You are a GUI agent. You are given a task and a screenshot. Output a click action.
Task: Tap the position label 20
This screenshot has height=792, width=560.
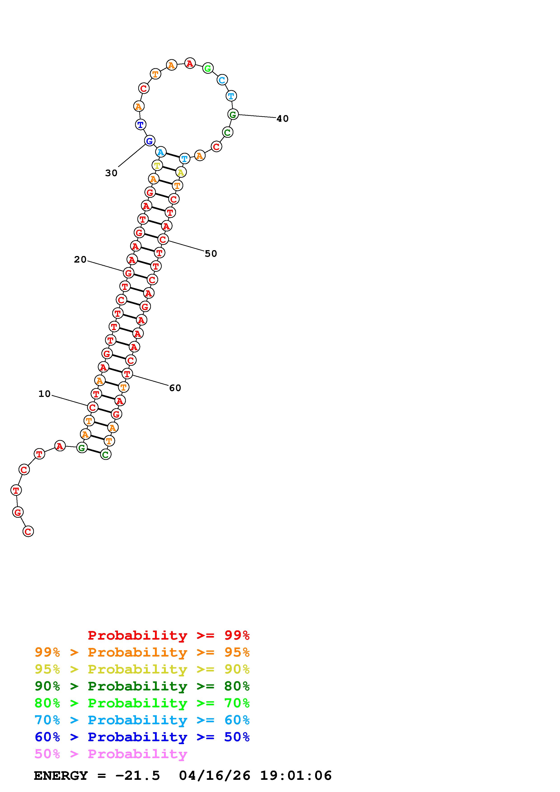coord(80,259)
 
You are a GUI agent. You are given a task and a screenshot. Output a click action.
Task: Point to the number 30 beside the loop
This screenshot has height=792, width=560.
coord(111,173)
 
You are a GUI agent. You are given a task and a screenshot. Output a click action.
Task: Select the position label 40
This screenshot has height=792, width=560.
coord(283,119)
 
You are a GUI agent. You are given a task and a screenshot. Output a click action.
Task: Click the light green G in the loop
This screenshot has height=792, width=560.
coord(208,68)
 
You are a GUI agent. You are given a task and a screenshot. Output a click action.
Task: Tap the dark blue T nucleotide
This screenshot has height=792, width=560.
coord(141,125)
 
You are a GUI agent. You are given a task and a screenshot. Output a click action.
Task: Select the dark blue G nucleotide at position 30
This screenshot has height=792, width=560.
coord(149,141)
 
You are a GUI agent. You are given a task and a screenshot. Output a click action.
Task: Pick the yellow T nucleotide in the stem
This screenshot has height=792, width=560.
coord(157,165)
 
